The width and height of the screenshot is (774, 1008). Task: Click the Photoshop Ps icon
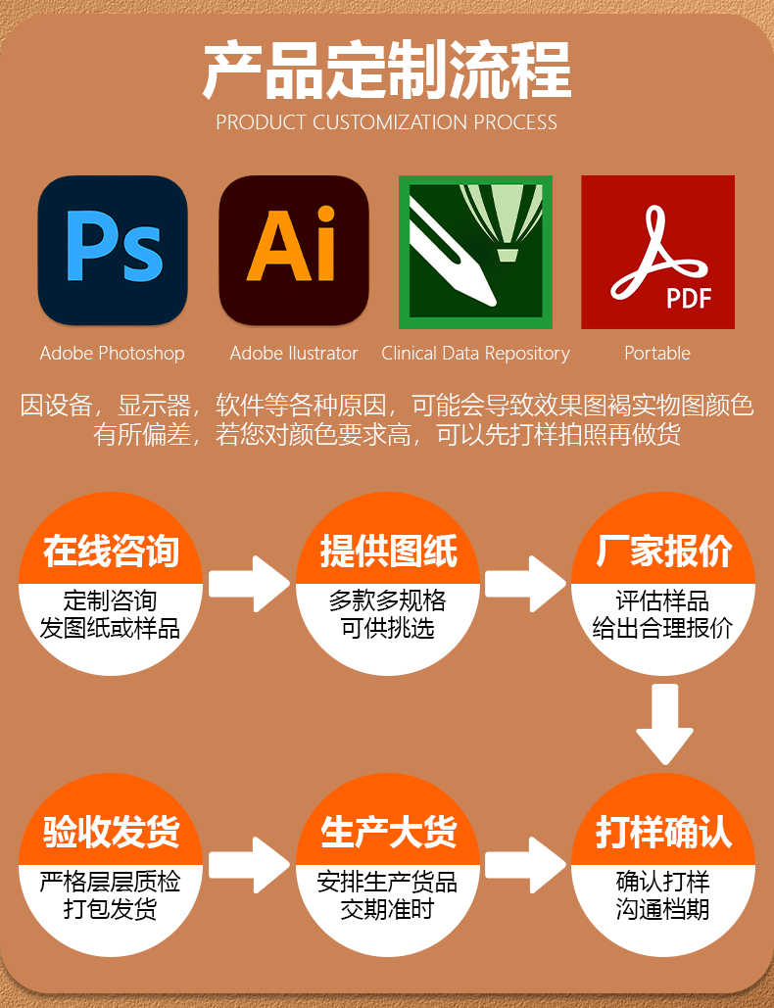tap(113, 251)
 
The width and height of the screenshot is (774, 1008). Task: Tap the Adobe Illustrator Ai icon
tap(293, 251)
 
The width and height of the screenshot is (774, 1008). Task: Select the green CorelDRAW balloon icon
tap(475, 252)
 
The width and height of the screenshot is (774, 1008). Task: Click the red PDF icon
tap(657, 252)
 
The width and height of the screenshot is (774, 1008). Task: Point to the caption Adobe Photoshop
tap(112, 353)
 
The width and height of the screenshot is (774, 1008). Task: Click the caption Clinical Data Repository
tap(475, 353)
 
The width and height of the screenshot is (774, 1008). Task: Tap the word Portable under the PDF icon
tap(657, 353)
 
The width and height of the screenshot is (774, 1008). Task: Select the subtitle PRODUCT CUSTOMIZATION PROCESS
tap(387, 122)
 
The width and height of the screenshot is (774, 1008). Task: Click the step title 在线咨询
tap(112, 552)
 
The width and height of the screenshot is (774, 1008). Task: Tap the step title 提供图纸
tap(388, 552)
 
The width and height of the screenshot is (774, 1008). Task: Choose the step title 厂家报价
tap(663, 552)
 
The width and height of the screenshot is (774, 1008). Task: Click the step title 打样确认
tap(663, 833)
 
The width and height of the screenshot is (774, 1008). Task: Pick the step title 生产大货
tap(388, 833)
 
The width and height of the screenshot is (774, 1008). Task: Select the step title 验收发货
tap(112, 833)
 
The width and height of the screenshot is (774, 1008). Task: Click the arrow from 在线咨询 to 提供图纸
tap(249, 584)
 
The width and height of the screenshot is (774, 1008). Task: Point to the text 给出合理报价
tap(663, 628)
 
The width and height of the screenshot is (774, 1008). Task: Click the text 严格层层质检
tap(111, 882)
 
